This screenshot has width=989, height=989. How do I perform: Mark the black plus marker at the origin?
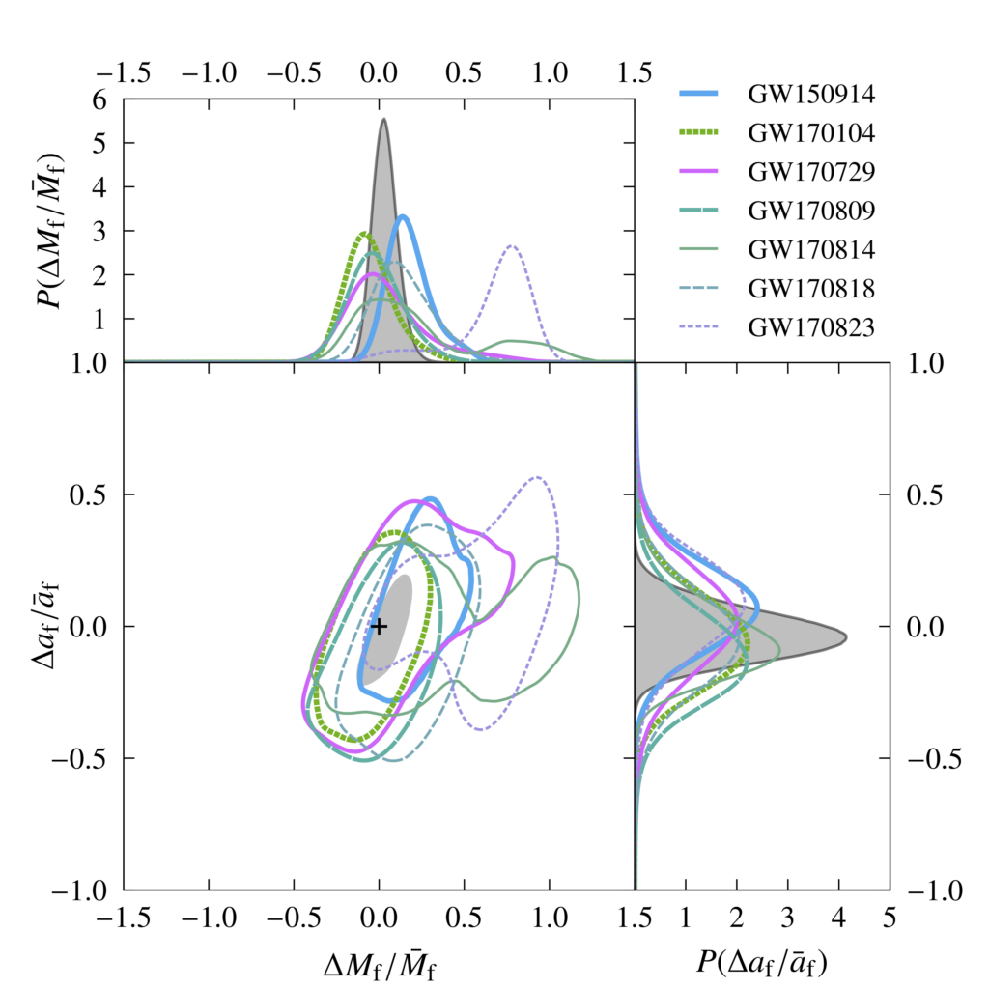(379, 626)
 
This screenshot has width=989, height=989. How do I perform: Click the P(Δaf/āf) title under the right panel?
(763, 961)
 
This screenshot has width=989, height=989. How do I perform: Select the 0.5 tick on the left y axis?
(95, 494)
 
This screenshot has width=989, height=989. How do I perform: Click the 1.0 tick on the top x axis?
(550, 74)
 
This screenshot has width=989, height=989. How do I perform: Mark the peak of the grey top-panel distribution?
(383, 119)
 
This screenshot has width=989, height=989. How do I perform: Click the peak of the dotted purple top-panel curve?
(513, 246)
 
